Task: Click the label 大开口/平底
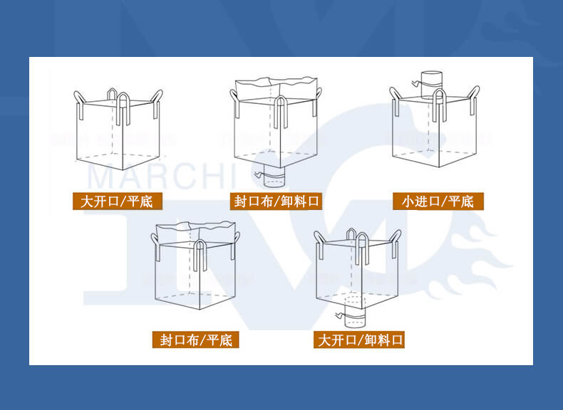coord(117,201)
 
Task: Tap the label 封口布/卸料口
coord(277,201)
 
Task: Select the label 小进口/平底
coord(438,201)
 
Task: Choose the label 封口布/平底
coord(196,340)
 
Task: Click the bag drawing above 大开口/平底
coord(118,132)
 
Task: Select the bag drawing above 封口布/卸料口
coord(278,128)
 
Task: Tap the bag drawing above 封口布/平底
coord(196,267)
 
